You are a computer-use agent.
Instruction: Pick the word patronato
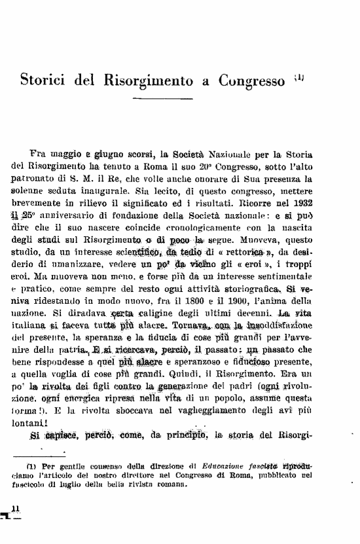[46, 179]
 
